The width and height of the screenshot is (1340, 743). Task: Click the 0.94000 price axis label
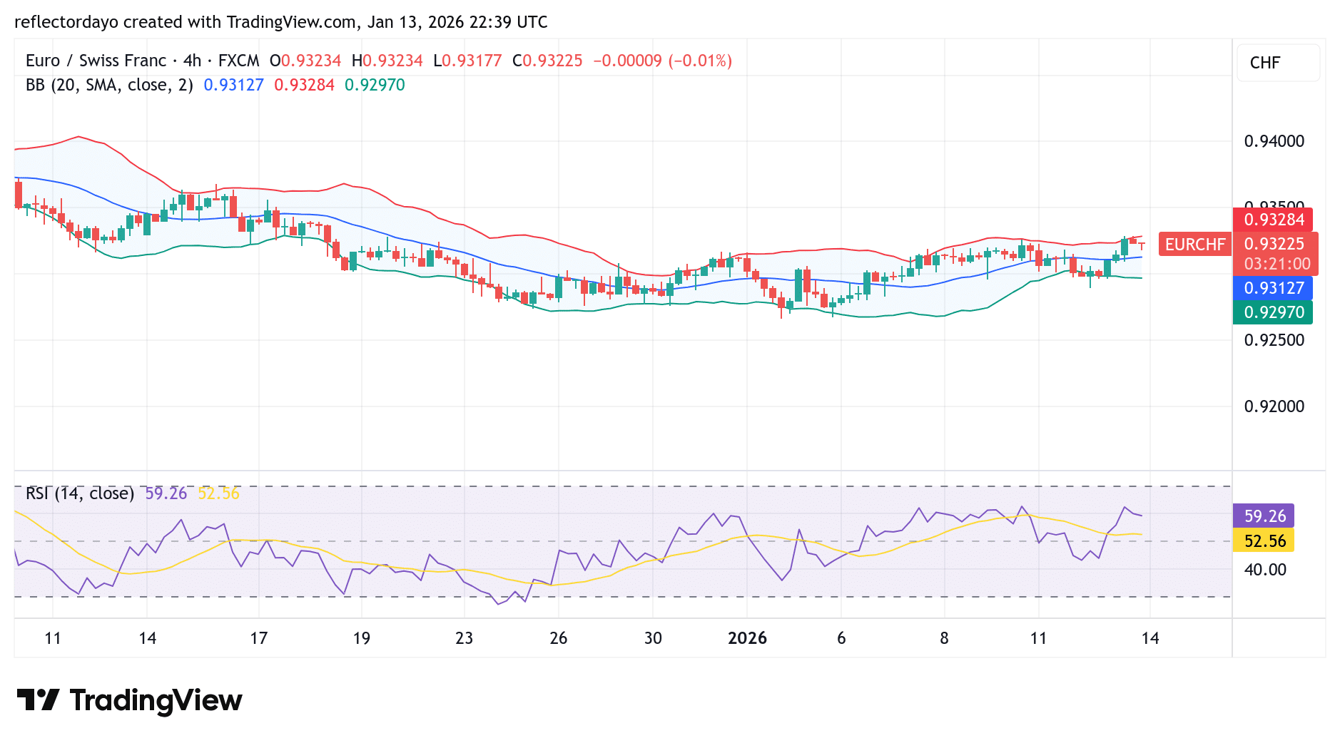[1274, 141]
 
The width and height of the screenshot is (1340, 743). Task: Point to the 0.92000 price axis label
[1274, 406]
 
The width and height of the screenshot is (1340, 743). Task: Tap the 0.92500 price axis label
[1274, 340]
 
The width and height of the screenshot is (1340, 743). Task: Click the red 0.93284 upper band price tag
[1274, 220]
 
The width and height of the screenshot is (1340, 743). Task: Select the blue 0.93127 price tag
[1274, 288]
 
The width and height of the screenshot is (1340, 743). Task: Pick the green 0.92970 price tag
[1274, 312]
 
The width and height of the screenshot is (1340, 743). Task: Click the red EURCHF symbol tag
[1195, 245]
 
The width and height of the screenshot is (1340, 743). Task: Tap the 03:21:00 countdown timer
[1276, 264]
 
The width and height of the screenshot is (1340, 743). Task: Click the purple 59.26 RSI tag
[1264, 516]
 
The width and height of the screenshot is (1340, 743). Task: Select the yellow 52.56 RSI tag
[1264, 540]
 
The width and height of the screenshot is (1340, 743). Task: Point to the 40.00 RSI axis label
[1265, 570]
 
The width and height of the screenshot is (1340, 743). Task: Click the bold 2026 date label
[747, 638]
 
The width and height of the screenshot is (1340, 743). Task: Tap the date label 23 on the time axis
[464, 638]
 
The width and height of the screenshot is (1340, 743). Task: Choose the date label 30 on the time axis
[653, 638]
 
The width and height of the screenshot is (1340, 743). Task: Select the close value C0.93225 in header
[547, 61]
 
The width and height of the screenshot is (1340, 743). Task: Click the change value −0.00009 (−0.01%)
[663, 61]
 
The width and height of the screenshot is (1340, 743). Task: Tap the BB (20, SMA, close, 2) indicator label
[109, 85]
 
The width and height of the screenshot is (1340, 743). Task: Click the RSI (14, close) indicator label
[80, 493]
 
